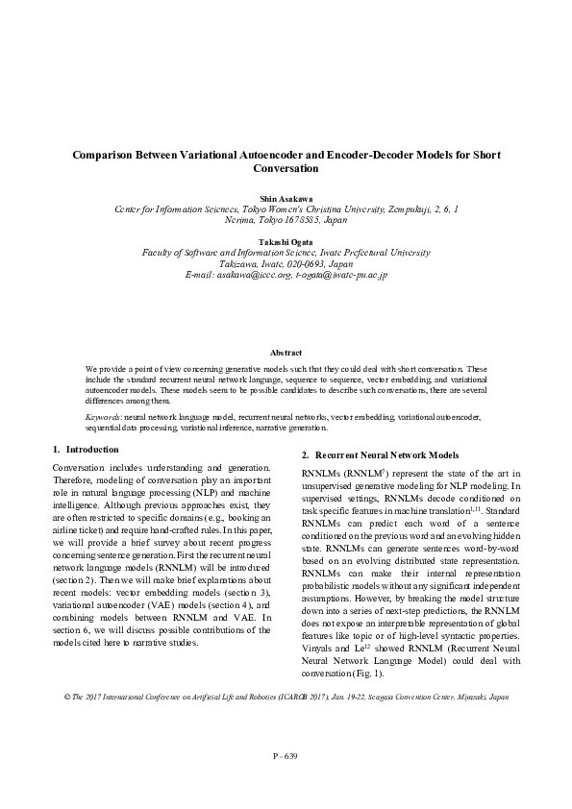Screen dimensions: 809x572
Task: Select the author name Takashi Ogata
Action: point(286,241)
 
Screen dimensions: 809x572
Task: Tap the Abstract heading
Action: point(286,354)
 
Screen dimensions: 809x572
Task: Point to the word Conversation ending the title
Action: point(286,168)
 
